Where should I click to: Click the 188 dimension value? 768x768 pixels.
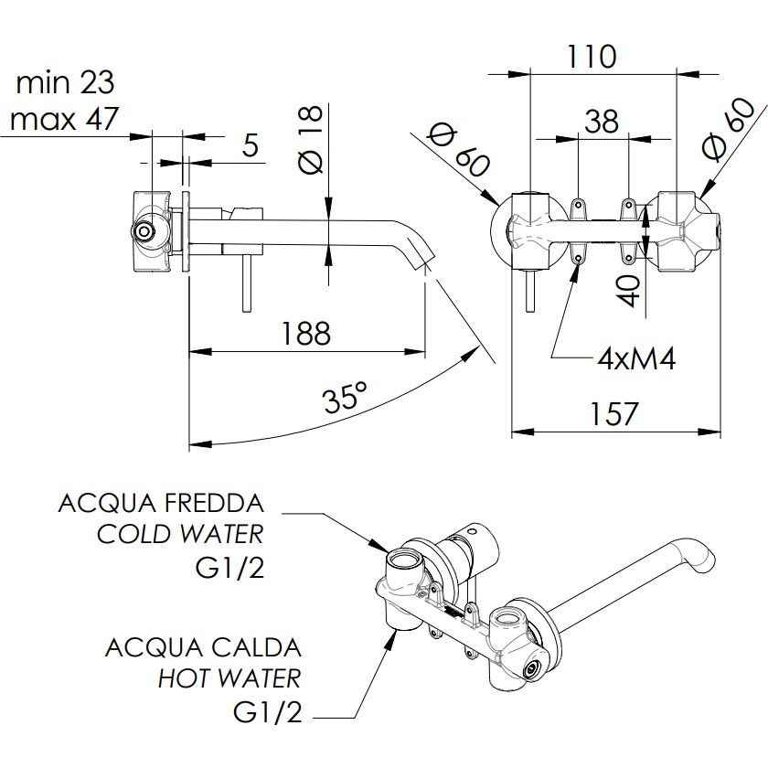click(x=305, y=333)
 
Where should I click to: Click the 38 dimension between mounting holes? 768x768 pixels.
click(x=602, y=121)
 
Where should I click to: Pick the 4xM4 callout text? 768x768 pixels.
click(x=636, y=358)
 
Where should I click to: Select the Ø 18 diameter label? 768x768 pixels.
click(x=311, y=138)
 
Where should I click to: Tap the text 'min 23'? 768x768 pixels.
click(x=65, y=83)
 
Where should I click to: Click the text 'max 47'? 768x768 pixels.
click(x=64, y=119)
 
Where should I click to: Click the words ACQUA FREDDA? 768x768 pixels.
click(x=161, y=503)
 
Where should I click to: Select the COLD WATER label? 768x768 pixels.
click(x=180, y=534)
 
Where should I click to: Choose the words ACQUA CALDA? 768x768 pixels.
click(x=203, y=648)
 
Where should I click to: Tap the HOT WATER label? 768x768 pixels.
click(x=229, y=678)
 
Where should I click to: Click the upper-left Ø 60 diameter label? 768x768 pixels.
click(x=458, y=151)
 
